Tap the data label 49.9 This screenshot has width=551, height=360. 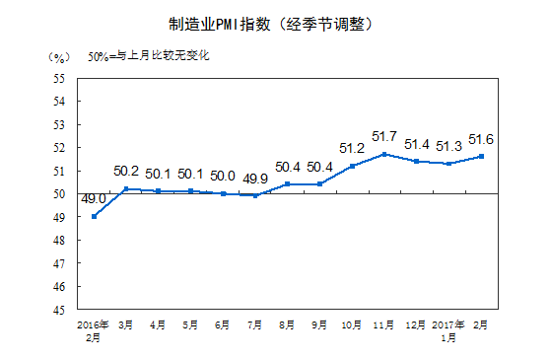pos(255,178)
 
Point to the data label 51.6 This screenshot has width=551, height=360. pos(480,139)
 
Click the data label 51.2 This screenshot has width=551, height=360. pos(353,149)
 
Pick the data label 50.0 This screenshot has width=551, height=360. pos(223,176)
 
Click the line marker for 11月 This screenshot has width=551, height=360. pos(384,154)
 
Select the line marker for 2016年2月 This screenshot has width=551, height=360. pos(94,216)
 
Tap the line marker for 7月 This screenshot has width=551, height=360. pos(255,195)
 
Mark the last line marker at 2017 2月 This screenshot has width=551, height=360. pos(480,156)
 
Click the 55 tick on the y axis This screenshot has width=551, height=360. pos(60,78)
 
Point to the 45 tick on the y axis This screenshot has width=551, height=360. pos(60,310)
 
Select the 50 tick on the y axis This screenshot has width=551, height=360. pos(60,194)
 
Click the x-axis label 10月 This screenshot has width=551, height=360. pos(352,324)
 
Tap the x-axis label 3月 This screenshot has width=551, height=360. pos(126,324)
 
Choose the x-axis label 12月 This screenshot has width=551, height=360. pos(416,324)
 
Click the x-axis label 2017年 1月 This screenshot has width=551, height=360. pos(448,329)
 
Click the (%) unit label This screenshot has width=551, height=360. pos(59,56)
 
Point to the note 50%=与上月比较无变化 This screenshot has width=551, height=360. pos(148,56)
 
